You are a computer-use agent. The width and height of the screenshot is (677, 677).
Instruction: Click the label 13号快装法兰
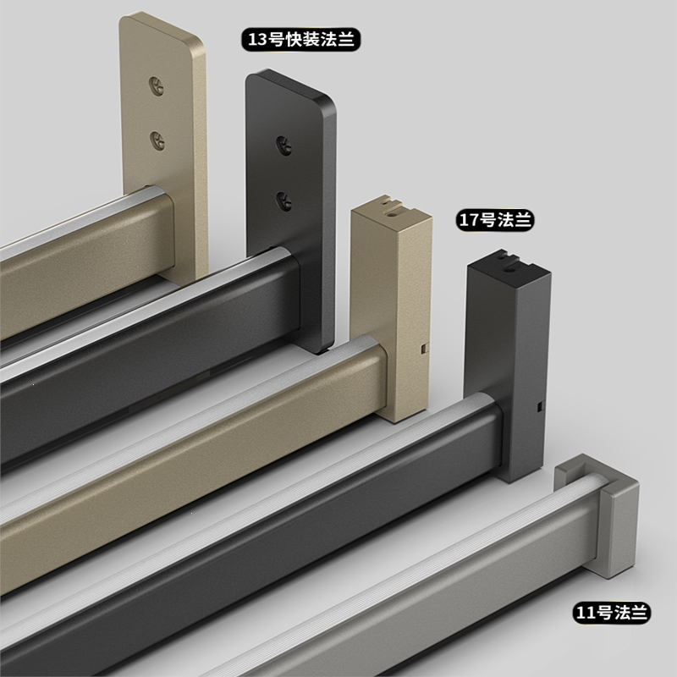(x=301, y=39)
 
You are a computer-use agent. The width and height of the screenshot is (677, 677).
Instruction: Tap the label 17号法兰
(x=495, y=220)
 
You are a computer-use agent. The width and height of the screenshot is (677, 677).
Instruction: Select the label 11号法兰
(x=611, y=612)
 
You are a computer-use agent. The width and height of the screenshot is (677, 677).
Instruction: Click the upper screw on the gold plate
(x=157, y=86)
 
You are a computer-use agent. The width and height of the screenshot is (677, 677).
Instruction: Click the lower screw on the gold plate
(x=157, y=140)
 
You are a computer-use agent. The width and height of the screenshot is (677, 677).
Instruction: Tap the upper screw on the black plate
(x=284, y=146)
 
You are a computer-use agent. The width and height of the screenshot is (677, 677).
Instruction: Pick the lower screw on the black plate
(x=284, y=201)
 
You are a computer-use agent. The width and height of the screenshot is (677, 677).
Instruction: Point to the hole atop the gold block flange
(x=394, y=213)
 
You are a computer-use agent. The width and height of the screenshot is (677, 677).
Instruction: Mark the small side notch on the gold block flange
(x=425, y=349)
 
